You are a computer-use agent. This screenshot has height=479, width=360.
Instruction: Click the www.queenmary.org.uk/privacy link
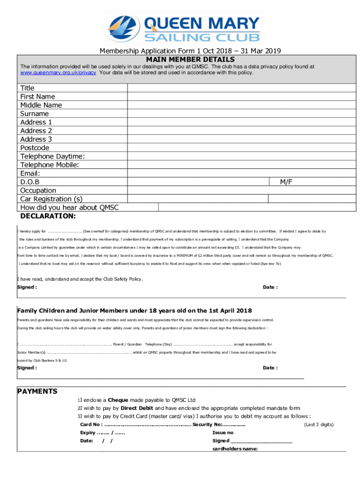[58, 73]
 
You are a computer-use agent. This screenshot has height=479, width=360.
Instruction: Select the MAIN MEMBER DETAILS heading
[190, 59]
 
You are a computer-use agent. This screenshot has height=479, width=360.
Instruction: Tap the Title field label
[27, 88]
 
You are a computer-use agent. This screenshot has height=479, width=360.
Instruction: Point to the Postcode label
[35, 148]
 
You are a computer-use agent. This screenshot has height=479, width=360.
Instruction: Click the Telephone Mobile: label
[50, 165]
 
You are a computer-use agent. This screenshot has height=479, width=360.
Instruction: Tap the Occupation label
[38, 190]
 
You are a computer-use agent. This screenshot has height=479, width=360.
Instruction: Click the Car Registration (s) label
[51, 199]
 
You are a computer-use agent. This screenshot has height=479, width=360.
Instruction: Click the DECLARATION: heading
[48, 216]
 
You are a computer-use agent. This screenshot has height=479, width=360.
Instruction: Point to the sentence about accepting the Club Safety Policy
[80, 279]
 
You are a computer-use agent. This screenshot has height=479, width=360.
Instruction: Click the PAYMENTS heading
[37, 391]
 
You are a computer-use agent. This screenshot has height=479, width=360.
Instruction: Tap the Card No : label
[92, 424]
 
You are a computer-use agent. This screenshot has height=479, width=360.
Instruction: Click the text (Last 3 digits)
[318, 424]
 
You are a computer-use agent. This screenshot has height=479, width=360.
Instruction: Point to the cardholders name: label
[235, 449]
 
